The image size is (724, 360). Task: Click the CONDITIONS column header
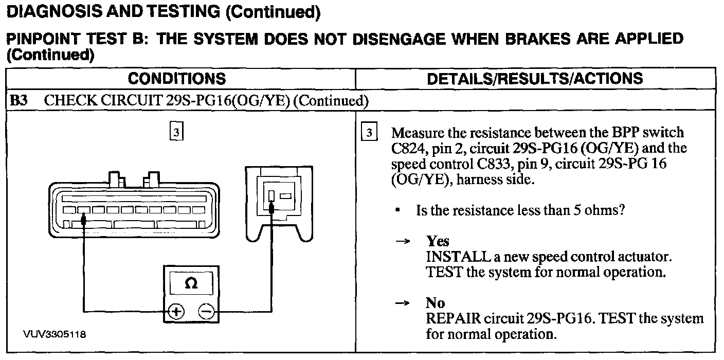176,79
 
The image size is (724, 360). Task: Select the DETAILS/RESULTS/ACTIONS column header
535,79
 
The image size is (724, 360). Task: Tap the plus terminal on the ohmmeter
176,311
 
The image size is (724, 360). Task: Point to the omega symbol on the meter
190,283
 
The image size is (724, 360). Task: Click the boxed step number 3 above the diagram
176,132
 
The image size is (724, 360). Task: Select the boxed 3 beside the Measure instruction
369,132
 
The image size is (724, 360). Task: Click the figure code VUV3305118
55,334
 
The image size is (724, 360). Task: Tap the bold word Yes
438,241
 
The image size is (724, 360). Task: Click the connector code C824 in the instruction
408,149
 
